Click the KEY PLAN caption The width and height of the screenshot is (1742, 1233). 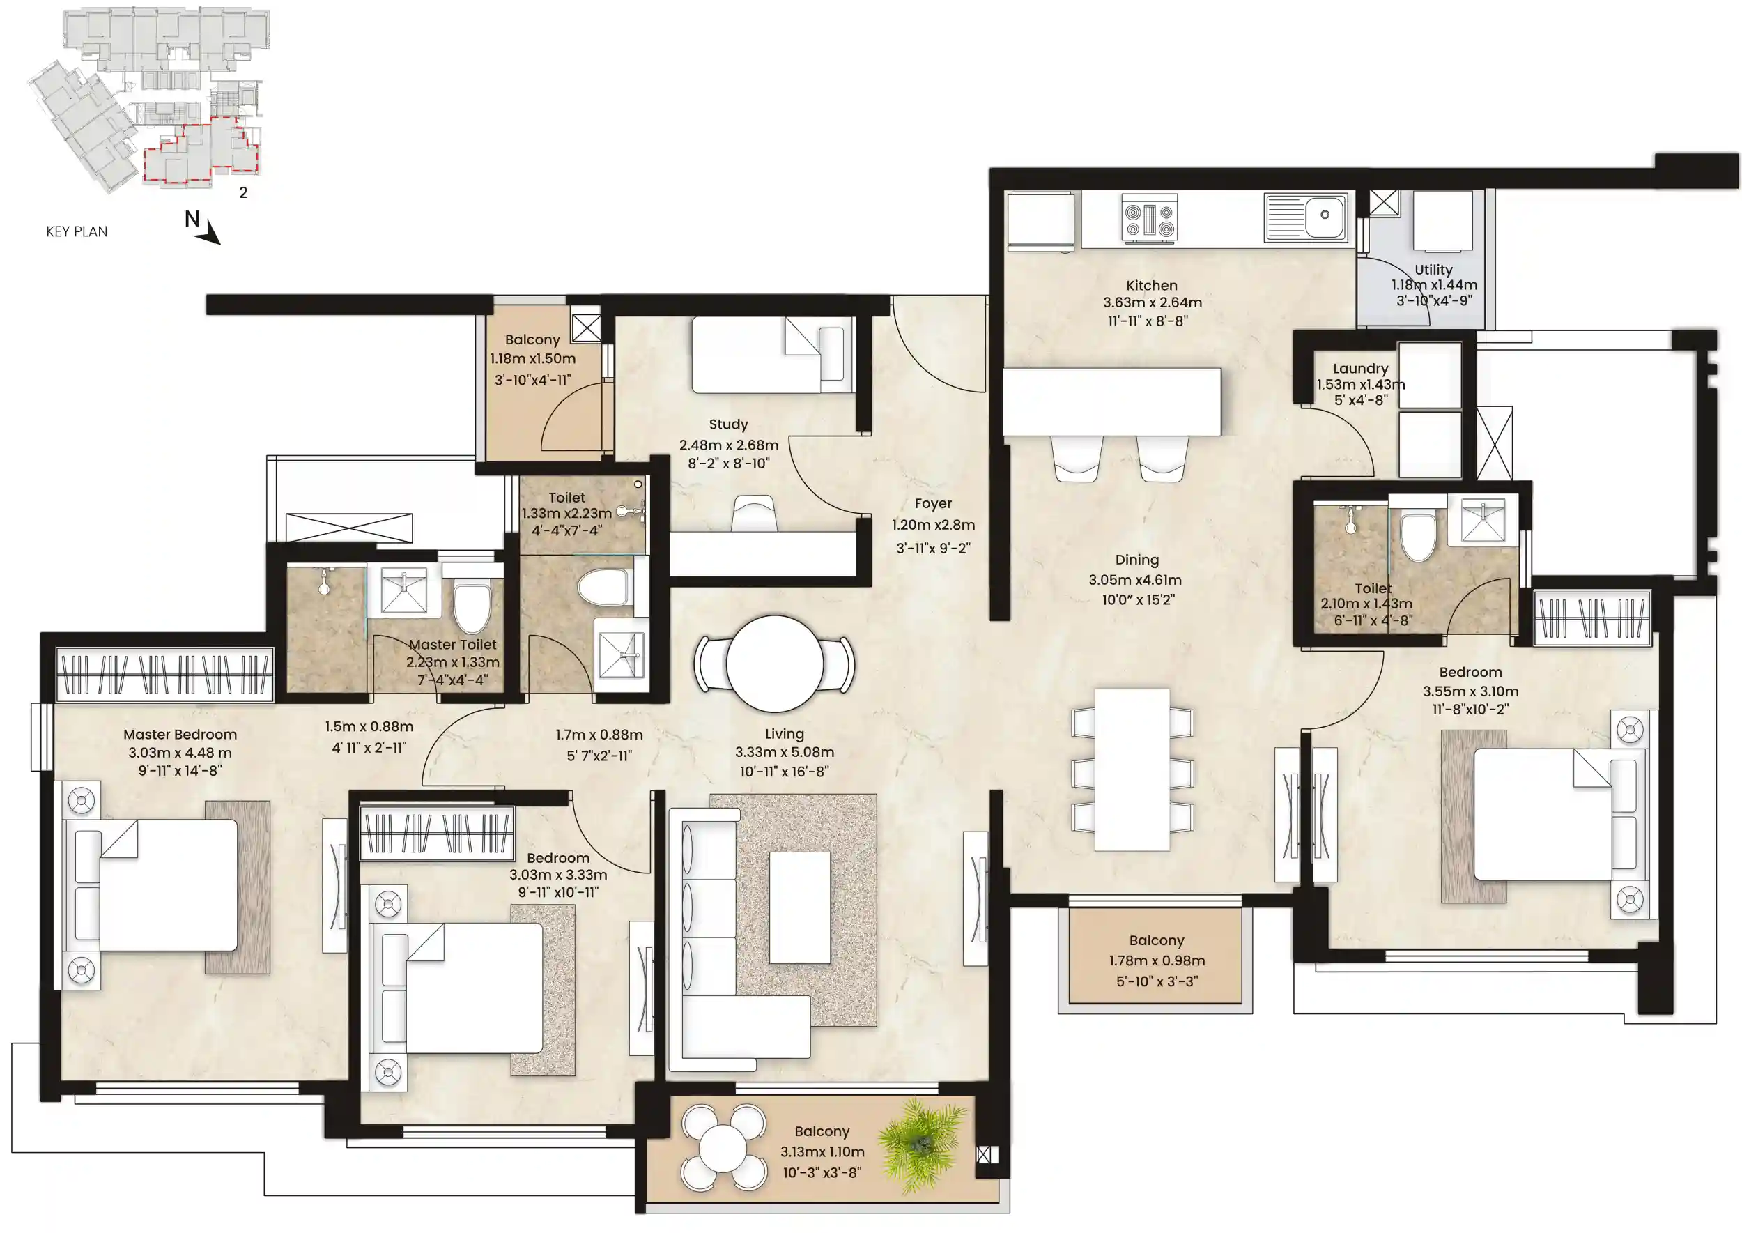click(77, 231)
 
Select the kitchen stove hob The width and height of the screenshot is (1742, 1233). click(1149, 220)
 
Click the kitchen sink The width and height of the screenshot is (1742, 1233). click(1306, 217)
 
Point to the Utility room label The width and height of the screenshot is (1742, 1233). click(1433, 270)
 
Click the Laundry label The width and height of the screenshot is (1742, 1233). click(1360, 369)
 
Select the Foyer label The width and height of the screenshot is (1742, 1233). click(933, 503)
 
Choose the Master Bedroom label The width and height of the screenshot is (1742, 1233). click(180, 734)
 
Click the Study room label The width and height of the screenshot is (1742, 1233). click(728, 424)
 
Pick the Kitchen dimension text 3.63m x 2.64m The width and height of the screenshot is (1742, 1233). click(1153, 302)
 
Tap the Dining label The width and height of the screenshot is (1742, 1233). click(1136, 560)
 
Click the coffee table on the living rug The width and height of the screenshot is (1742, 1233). click(799, 907)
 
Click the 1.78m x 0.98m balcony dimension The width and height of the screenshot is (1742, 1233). click(1157, 960)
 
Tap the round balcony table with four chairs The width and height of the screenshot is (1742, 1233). click(723, 1147)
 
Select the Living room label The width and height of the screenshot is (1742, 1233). click(784, 734)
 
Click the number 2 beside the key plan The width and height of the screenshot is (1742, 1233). click(243, 193)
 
